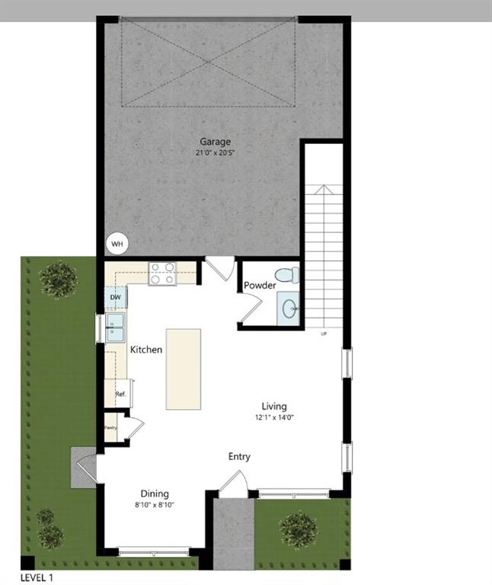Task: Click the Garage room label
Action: click(x=215, y=142)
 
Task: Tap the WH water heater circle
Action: click(x=117, y=244)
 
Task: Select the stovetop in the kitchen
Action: click(x=162, y=273)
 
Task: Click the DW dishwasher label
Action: click(x=115, y=297)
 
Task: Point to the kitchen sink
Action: click(x=117, y=328)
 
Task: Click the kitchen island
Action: click(x=183, y=369)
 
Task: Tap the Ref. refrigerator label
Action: click(x=120, y=394)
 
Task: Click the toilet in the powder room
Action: click(x=286, y=275)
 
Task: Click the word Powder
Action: click(x=260, y=286)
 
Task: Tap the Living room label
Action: click(x=274, y=406)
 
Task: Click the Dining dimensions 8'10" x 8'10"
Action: click(x=154, y=505)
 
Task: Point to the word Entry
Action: click(x=239, y=456)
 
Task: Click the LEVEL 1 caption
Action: click(x=37, y=577)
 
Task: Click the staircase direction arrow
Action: click(x=324, y=190)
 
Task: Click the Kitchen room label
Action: click(x=145, y=350)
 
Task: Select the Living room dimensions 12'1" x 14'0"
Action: click(x=274, y=417)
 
